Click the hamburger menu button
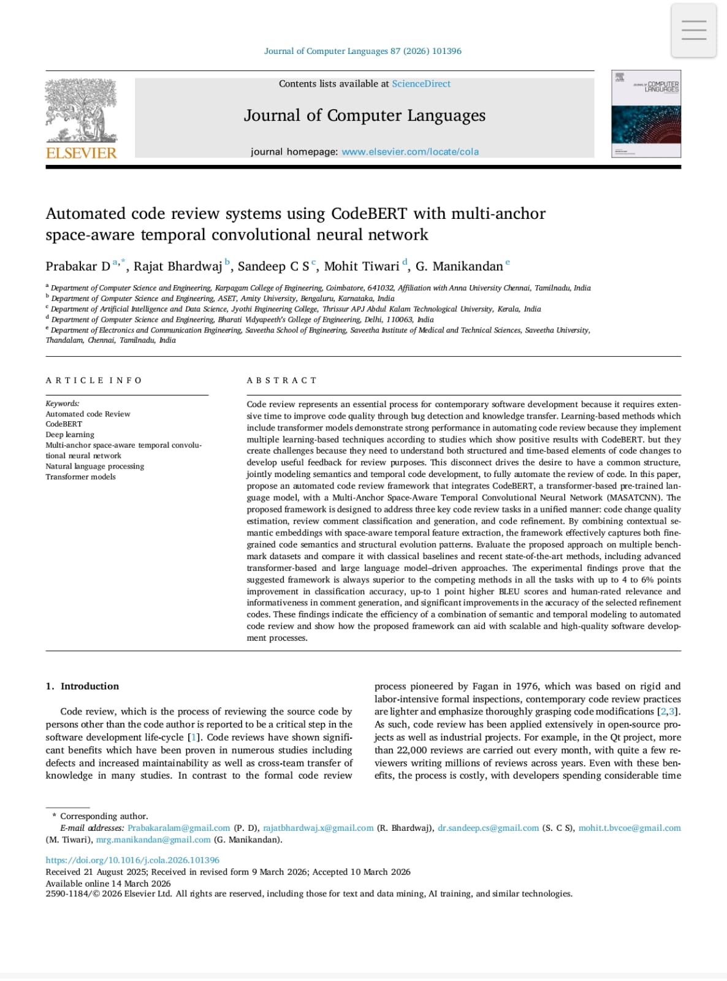coord(693,30)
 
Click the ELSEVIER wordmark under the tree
coord(82,153)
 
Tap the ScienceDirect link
coord(421,84)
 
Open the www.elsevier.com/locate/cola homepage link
coord(410,152)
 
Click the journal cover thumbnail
coord(646,114)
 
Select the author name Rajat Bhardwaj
coord(178,266)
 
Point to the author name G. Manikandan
coord(459,266)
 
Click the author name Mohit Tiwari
coord(362,266)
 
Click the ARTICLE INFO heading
coord(94,381)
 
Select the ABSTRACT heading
coord(282,381)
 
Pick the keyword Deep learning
coord(70,435)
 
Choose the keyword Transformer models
coord(80,477)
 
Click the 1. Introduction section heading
coord(82,686)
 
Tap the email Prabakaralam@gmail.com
coord(179,828)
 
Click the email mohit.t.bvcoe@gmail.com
coord(630,828)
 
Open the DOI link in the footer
coord(132,860)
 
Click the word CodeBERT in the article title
coord(369,213)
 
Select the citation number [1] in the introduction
coord(194,738)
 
